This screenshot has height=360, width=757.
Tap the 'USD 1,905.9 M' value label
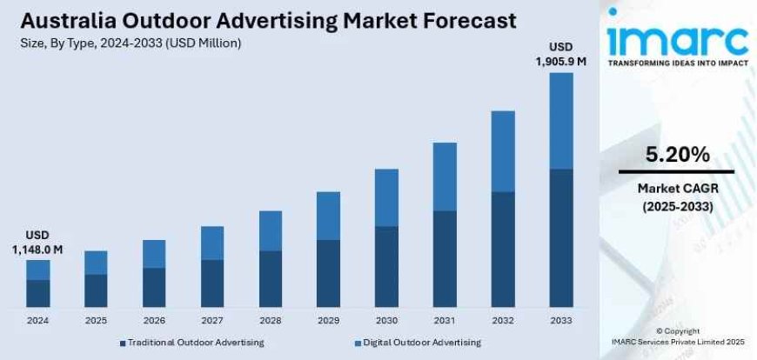[x=561, y=54]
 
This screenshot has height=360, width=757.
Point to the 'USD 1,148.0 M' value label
[x=37, y=243]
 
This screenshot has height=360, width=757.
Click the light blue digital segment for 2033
[x=561, y=120]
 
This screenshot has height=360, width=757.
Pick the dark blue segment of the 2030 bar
[x=386, y=266]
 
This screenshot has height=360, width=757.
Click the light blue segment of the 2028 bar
[x=270, y=230]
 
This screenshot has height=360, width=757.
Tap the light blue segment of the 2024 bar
[x=37, y=270]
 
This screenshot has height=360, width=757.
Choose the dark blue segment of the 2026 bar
[x=154, y=287]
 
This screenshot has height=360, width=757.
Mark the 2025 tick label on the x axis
[x=96, y=320]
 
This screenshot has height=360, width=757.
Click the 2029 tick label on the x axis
[x=328, y=320]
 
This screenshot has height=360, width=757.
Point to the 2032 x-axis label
[x=503, y=320]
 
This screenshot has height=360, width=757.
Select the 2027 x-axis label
[x=212, y=320]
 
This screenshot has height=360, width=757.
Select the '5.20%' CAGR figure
[x=677, y=155]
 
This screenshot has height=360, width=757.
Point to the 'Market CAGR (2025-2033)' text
[x=677, y=197]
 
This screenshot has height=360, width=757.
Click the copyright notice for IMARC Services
[x=677, y=337]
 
